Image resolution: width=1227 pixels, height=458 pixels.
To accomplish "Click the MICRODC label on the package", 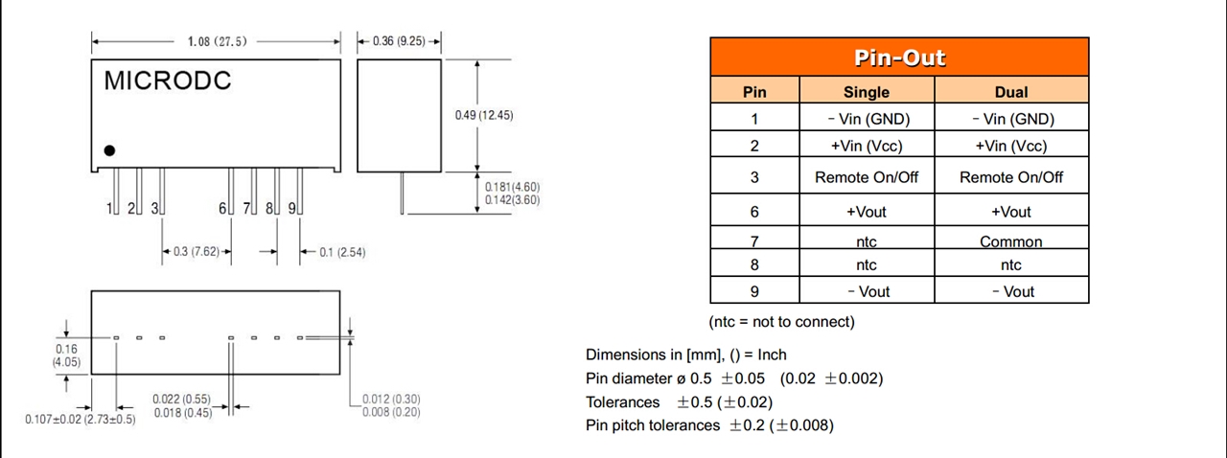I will point(168,81).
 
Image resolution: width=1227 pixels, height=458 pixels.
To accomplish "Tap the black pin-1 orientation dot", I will point(110,150).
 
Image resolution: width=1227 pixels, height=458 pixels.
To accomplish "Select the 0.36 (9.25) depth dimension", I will point(399,41).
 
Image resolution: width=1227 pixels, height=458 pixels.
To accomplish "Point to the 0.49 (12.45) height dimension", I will point(483,115).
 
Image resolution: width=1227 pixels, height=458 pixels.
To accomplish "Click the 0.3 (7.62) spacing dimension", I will point(197,252).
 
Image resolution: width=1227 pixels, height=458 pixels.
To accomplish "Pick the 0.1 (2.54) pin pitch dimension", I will point(341,252).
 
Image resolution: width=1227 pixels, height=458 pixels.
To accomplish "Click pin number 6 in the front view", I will point(222,208).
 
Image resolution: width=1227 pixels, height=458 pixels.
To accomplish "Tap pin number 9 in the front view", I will point(291,208).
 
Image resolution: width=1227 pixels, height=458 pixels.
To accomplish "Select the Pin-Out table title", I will point(898,57).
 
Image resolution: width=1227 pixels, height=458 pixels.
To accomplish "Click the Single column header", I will point(866,92).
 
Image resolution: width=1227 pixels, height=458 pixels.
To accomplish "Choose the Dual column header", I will point(1011,92).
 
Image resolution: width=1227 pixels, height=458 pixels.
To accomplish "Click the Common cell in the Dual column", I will point(1011,241).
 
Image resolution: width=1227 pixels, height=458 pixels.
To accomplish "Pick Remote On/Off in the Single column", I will point(866,177).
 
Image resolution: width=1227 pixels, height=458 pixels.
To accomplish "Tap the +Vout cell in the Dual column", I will point(1011,212).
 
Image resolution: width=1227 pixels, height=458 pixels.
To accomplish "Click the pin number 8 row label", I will point(754,264).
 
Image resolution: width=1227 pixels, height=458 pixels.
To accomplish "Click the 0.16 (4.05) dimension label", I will point(66,355).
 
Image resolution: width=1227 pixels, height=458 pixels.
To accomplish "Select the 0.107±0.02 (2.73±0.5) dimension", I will point(81,420).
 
